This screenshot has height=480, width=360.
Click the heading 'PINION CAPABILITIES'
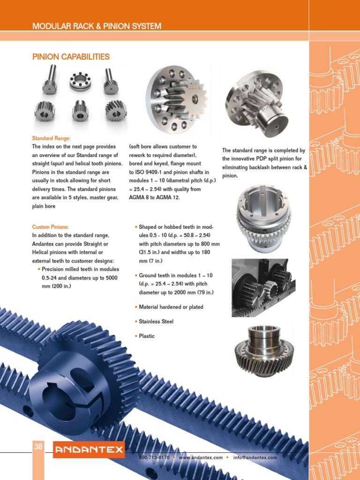(71, 57)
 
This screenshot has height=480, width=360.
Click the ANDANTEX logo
(89, 451)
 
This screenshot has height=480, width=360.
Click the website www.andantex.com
(201, 457)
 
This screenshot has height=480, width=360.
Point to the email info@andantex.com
(255, 457)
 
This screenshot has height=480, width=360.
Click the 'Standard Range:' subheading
(52, 138)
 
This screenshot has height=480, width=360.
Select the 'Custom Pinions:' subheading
(50, 226)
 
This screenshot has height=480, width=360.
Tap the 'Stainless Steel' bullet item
(156, 322)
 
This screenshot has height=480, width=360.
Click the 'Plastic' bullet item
(147, 336)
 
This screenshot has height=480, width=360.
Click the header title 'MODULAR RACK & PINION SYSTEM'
(97, 26)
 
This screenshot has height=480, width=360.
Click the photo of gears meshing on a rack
(263, 286)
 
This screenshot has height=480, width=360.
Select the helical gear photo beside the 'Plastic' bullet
(263, 347)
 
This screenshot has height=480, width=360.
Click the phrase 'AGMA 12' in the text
(171, 197)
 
